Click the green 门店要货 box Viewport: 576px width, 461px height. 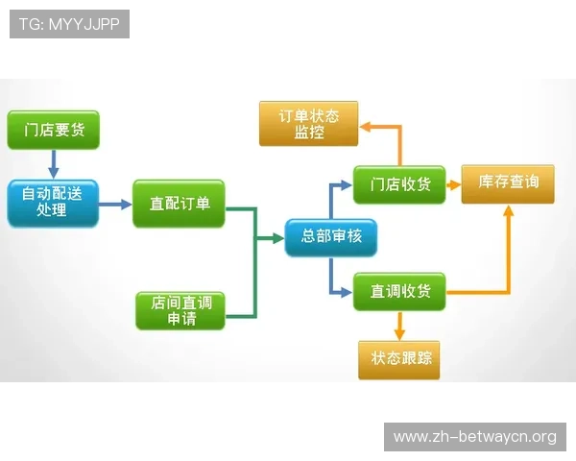53,130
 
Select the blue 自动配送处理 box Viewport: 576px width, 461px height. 53,204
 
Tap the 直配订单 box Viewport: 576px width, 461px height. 179,204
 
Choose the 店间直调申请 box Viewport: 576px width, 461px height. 180,310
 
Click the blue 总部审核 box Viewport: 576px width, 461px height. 331,237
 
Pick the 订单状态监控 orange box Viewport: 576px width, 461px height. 308,124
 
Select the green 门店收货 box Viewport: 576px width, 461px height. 399,184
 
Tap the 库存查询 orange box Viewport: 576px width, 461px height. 508,183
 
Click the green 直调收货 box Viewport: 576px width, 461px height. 399,292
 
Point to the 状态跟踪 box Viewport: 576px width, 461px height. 399,360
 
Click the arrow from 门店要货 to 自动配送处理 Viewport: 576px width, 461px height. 54,164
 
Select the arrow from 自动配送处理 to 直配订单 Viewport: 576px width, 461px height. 115,204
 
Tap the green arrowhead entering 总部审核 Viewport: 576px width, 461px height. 278,238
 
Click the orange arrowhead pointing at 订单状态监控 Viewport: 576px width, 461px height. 365,127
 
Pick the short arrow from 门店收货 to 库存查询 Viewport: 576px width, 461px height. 453,185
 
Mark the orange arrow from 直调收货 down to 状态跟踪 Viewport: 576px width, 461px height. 399,327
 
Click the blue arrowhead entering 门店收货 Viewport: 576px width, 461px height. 347,185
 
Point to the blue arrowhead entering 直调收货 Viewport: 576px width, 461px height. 347,292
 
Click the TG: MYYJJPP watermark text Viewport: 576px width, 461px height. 69,24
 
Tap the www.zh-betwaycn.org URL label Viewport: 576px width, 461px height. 475,437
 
